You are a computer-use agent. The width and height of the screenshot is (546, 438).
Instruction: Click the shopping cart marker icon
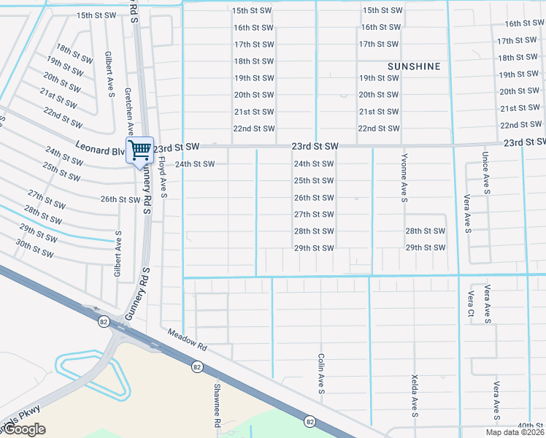tap(139, 151)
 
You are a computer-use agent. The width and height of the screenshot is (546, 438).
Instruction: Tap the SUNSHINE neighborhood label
tap(414, 66)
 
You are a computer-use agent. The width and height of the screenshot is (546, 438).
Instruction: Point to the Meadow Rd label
tap(188, 342)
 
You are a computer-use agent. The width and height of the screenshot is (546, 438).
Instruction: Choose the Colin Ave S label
tap(321, 374)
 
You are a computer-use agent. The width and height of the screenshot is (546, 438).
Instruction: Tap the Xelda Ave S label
tap(415, 401)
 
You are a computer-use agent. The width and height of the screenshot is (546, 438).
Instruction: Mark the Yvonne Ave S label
tap(404, 177)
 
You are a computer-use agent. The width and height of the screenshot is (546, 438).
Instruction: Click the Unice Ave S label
tap(485, 173)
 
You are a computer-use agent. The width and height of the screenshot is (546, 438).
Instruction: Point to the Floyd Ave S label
tap(164, 179)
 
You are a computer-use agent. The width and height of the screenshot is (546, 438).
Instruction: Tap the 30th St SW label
tap(34, 248)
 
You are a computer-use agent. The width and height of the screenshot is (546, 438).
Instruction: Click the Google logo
tap(24, 429)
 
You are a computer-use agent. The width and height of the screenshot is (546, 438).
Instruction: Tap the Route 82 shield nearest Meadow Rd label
tap(197, 367)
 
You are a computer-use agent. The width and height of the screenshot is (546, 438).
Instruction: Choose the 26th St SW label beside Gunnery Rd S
tap(120, 199)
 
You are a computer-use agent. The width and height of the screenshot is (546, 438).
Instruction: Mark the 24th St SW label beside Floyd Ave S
tap(195, 164)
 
